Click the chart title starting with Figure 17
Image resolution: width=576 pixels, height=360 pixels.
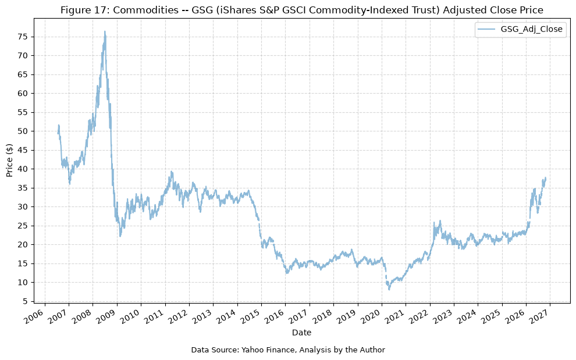click(301, 10)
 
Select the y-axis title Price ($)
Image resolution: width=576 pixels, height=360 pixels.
click(9, 160)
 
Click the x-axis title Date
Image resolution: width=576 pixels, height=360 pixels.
click(301, 333)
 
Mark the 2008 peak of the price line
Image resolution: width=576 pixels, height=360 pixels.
click(105, 31)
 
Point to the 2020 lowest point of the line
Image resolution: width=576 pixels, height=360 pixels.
click(389, 290)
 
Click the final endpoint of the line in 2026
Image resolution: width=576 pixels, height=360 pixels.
click(546, 178)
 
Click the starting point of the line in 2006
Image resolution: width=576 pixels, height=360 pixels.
click(58, 133)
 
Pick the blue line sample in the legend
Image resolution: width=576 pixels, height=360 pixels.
click(488, 30)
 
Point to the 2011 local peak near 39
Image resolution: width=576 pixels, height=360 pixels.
click(171, 172)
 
